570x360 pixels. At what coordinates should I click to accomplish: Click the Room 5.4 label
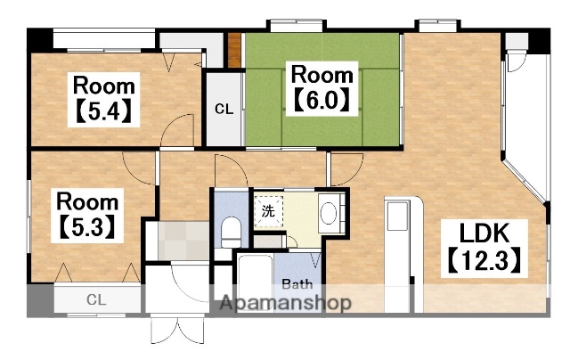pos(103,99)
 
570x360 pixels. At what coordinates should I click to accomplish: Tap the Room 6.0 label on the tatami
pos(322,88)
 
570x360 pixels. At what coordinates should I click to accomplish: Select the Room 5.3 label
pos(87,216)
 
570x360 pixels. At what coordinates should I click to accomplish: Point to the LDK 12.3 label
pos(484,249)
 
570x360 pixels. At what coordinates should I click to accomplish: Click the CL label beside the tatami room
pos(224,109)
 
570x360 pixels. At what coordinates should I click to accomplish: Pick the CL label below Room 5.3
pos(96,299)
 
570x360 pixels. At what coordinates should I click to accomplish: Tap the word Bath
pos(297,284)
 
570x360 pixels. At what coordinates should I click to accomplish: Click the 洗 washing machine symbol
pos(269,211)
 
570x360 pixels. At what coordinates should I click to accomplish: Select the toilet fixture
pos(232,233)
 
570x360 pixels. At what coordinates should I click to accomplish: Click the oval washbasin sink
pos(329,212)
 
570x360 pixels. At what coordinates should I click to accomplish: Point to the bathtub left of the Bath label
pos(256,282)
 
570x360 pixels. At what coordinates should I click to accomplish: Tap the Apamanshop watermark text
pos(286,303)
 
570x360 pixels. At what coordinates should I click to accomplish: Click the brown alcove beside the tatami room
pos(234,50)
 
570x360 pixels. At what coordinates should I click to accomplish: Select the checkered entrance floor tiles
pos(183,241)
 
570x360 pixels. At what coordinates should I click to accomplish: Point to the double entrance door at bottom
pos(177,328)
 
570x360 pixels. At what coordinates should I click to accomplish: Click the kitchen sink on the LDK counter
pos(397,216)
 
